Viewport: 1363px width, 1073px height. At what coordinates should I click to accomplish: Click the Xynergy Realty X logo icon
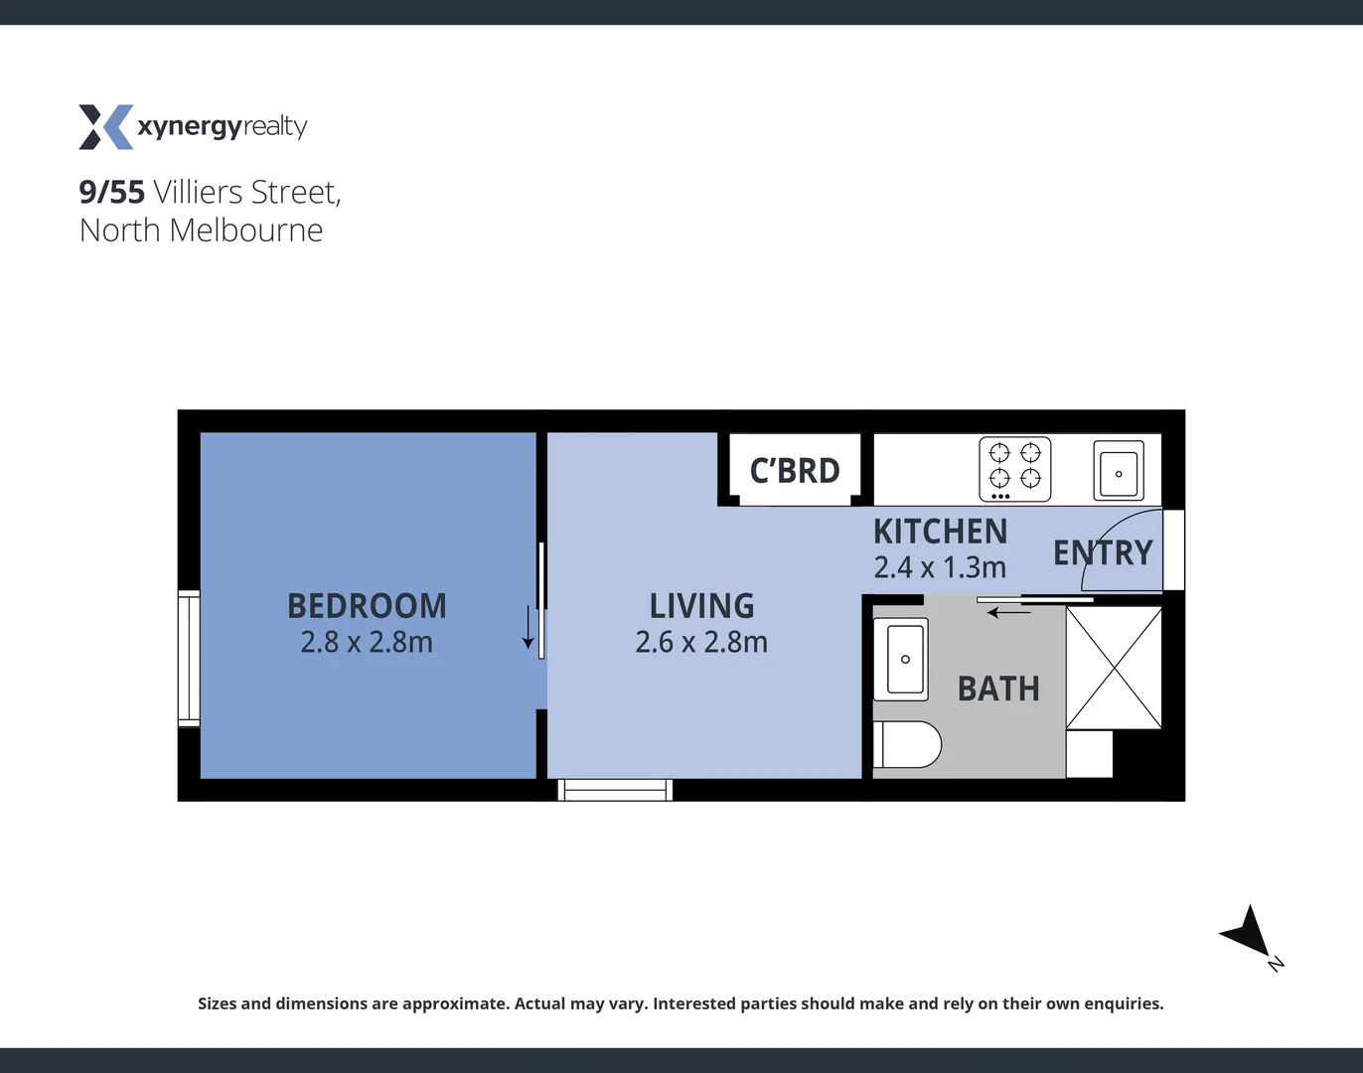coord(105,127)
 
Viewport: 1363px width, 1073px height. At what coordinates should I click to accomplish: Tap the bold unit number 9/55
coord(112,192)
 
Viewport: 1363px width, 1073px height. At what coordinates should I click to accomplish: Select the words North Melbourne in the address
coord(202,230)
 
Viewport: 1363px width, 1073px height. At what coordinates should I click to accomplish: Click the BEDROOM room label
coord(367,606)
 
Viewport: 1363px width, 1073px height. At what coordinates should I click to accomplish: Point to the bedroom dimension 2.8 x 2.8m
coord(367,643)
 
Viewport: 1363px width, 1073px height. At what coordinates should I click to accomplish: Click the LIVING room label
coord(701,606)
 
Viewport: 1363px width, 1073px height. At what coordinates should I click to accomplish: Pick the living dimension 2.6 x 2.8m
coord(701,643)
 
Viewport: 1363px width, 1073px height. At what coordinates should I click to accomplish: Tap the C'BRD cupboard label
coord(795,471)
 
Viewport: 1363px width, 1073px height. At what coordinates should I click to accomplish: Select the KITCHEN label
coord(940,533)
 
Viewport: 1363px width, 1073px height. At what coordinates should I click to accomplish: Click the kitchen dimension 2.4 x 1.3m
coord(940,567)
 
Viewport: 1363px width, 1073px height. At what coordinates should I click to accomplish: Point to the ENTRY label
coord(1103,552)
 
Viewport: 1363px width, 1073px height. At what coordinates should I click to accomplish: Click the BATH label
coord(998,689)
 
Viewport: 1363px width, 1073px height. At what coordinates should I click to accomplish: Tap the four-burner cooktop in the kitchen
coord(1015,469)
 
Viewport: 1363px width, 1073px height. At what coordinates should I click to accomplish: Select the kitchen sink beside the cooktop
coord(1119,471)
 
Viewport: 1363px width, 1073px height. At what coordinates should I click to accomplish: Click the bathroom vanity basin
coord(904,659)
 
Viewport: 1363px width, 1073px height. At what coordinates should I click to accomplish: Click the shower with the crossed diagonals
coord(1114,668)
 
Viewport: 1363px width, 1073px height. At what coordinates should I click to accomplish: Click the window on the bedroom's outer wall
coord(189,658)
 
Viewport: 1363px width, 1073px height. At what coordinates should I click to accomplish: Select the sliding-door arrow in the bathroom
coord(1009,613)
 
